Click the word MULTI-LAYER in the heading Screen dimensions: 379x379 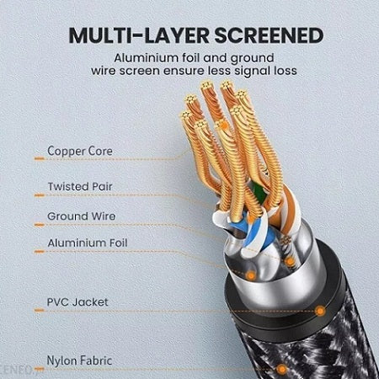pos(139,35)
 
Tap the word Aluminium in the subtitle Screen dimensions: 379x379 pos(146,58)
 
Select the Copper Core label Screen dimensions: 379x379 pos(80,152)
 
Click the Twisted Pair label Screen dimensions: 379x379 pos(80,186)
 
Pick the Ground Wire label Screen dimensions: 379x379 pos(81,216)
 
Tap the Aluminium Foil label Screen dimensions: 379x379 pos(88,243)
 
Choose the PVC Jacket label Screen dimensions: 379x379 pos(77,302)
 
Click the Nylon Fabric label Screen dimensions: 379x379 pos(79,360)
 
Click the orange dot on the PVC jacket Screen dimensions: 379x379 pos(320,311)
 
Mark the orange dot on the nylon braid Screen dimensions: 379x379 pos(281,369)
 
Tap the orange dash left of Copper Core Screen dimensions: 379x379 pos(40,159)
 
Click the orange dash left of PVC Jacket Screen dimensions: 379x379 pos(40,310)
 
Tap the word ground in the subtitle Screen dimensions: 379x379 pos(252,58)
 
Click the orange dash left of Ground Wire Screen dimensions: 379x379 pos(40,225)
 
